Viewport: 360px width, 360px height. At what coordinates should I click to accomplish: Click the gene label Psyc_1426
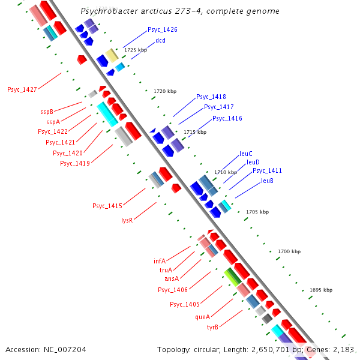tap(162, 29)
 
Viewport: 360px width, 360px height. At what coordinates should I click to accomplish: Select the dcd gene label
tap(160, 40)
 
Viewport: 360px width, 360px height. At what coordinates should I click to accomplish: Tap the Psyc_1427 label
tap(22, 89)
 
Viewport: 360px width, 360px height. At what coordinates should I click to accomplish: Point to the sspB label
tap(47, 112)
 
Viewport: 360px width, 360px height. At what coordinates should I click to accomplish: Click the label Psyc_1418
tap(211, 97)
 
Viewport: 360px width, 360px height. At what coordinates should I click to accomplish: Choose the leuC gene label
tap(246, 154)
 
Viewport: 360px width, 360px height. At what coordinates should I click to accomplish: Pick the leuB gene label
tap(267, 181)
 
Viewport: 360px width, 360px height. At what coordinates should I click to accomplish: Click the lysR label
tap(127, 220)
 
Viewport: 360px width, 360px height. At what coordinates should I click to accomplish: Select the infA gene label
tap(160, 261)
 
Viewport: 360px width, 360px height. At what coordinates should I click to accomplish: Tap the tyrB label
tap(212, 327)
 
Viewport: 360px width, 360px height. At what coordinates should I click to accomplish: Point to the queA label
tap(203, 317)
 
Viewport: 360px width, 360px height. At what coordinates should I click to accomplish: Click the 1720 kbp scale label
tap(165, 91)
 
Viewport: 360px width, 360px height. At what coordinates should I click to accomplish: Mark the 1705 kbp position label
tap(257, 212)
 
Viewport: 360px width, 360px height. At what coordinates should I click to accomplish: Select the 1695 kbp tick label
tap(321, 290)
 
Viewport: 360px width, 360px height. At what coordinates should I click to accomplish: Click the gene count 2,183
tap(343, 349)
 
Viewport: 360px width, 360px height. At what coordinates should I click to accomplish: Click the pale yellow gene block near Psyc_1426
tap(112, 55)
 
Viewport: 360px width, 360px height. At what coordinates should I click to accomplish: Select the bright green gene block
tap(232, 276)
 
